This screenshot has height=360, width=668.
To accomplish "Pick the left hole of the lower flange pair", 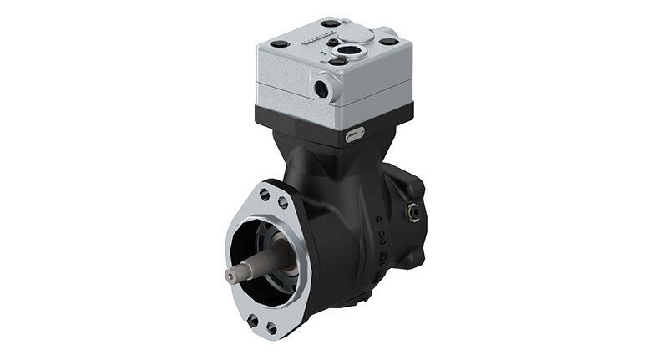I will tap(251, 319).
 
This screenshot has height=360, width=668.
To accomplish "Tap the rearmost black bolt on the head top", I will tap(331, 23).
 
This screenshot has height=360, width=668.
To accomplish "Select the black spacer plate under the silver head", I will tap(334, 125).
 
